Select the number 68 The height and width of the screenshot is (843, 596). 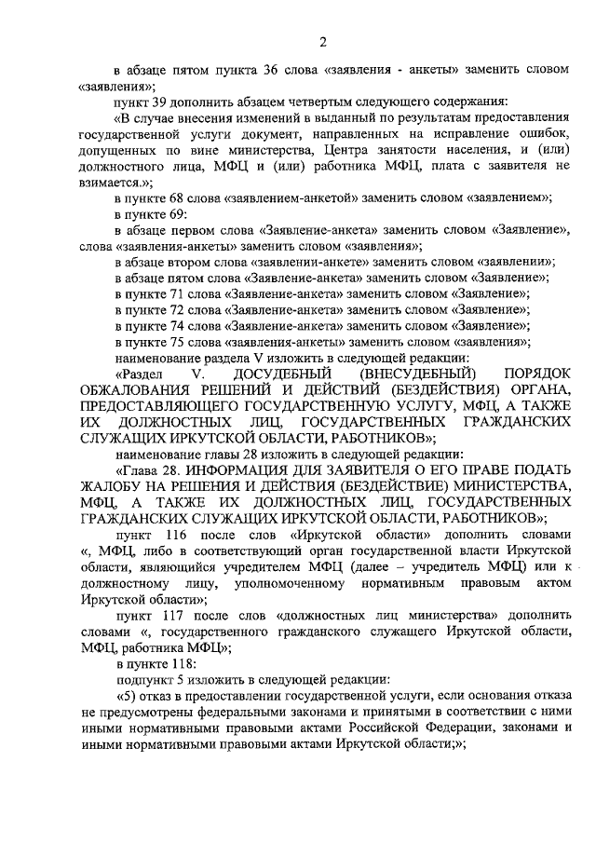[183, 198]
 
